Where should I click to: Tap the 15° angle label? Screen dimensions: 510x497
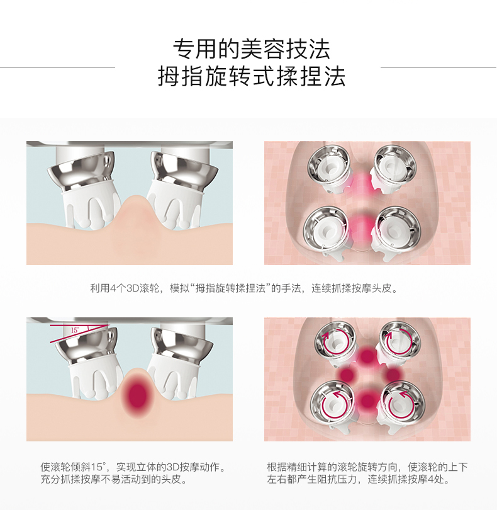[x=75, y=330]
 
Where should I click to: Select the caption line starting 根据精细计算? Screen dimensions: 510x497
[x=367, y=467]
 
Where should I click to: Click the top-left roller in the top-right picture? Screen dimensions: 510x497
[x=328, y=165]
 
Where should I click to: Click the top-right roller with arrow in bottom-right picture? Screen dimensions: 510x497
[x=400, y=341]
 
